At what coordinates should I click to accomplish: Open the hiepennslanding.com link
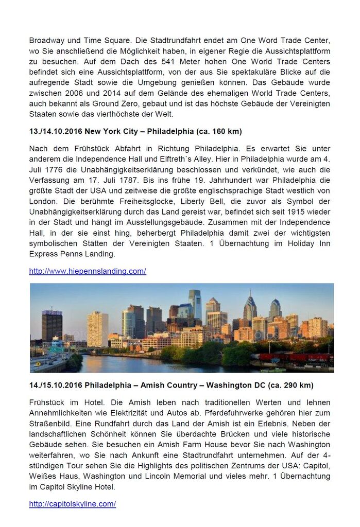tap(88, 271)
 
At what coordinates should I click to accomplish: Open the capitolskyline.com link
tap(72, 504)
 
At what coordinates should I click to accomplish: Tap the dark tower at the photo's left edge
tap(52, 325)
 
